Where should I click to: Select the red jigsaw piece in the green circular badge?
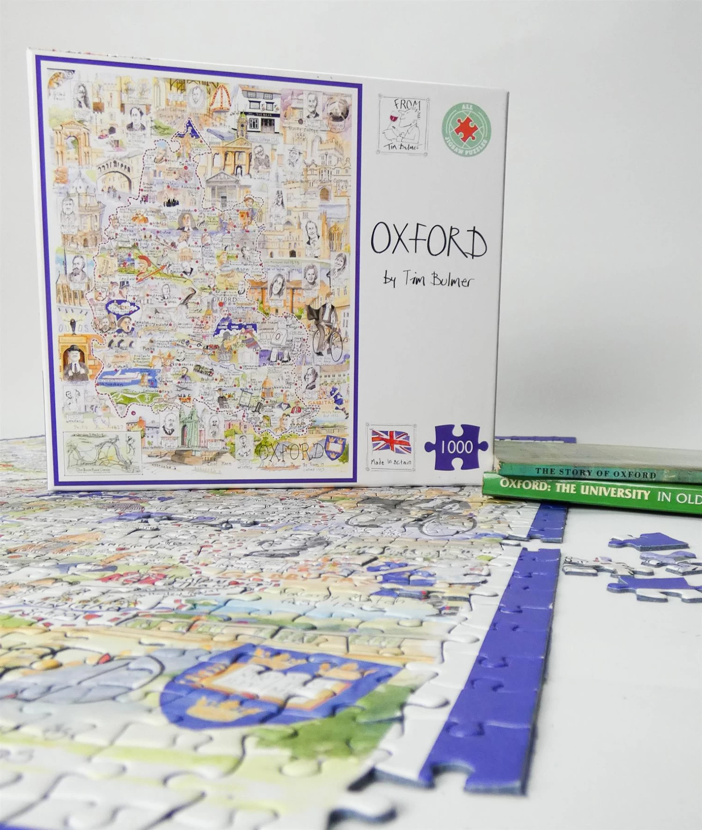point(466,126)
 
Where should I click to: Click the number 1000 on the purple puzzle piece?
point(456,447)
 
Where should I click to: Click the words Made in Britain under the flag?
point(391,462)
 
